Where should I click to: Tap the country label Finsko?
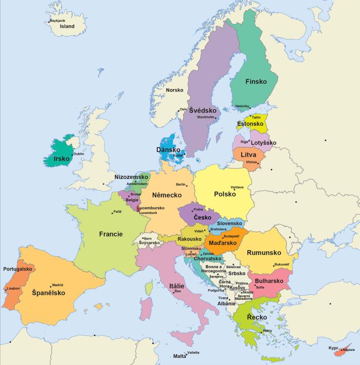[x=256, y=81]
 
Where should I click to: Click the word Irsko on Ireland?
[x=62, y=158]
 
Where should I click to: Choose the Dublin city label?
[x=79, y=154]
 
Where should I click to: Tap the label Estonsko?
[x=250, y=124]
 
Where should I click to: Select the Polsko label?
[x=225, y=194]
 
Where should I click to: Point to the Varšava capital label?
[x=237, y=187]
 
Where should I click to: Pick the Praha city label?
[x=198, y=209]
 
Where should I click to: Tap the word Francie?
[x=111, y=234]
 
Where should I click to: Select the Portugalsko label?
[x=18, y=269]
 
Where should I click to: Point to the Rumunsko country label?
[x=263, y=253]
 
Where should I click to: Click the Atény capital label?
[x=267, y=331]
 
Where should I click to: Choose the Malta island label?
[x=179, y=356]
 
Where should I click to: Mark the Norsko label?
[x=174, y=90]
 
